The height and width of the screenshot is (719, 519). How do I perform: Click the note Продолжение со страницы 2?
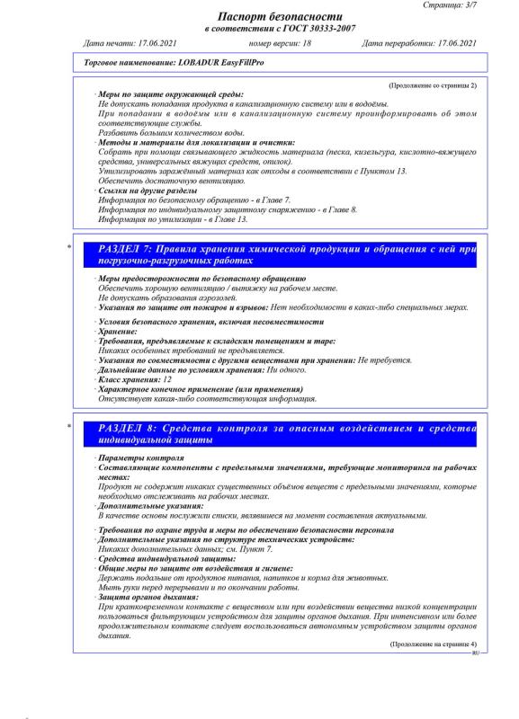coord(433,84)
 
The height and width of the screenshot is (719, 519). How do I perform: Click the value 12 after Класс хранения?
coord(167,379)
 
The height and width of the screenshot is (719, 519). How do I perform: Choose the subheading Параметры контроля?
coord(140,458)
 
